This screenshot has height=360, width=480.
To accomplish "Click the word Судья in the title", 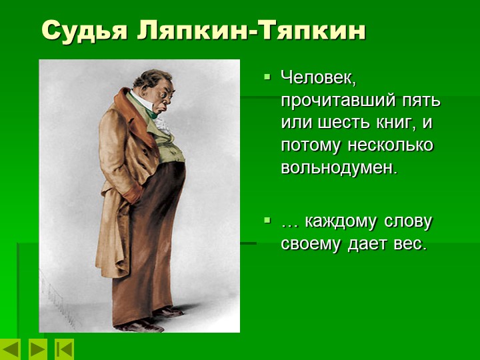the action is click(84, 31).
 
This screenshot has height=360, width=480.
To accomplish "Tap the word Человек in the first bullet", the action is click(319, 79).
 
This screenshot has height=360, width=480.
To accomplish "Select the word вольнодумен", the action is click(339, 167).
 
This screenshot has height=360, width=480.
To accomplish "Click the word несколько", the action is click(391, 145).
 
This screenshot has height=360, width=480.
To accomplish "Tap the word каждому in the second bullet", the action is click(340, 223).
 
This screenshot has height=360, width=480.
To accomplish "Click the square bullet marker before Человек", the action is click(267, 76).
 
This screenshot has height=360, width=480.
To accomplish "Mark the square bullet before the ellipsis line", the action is click(267, 219).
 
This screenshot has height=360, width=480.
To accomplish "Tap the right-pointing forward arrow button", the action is click(37, 349).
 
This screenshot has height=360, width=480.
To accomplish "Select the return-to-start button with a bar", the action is click(64, 349).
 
